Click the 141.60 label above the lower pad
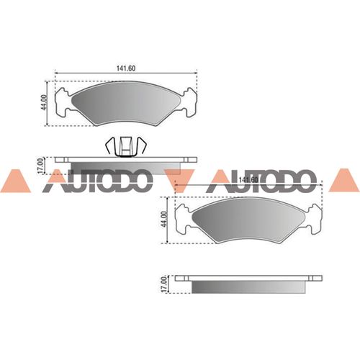pyautogui.click(x=248, y=179)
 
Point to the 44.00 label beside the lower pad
pyautogui.click(x=164, y=219)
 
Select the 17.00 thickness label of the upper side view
pyautogui.click(x=42, y=165)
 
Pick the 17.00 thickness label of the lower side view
pyautogui.click(x=164, y=283)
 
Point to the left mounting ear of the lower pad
pyautogui.click(x=186, y=216)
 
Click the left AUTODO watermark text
pyautogui.click(x=96, y=183)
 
